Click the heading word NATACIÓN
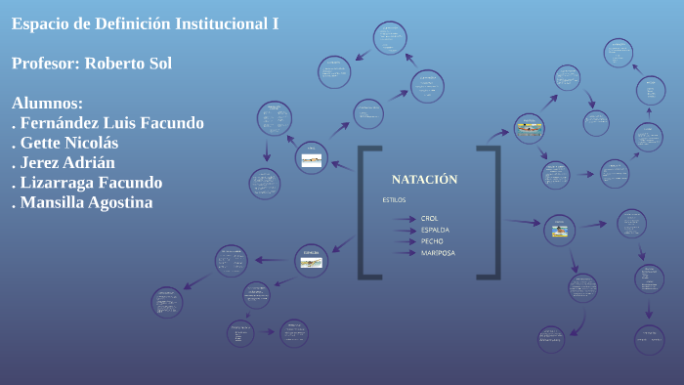pyautogui.click(x=424, y=180)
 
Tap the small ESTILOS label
pyautogui.click(x=394, y=199)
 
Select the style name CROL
pyautogui.click(x=430, y=218)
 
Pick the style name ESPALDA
pyautogui.click(x=435, y=230)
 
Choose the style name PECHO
pyautogui.click(x=432, y=241)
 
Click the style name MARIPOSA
pyautogui.click(x=437, y=253)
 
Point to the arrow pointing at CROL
pyautogui.click(x=405, y=218)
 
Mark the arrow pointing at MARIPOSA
pyautogui.click(x=405, y=253)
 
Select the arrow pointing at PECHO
pyautogui.click(x=405, y=241)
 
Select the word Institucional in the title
pyautogui.click(x=218, y=24)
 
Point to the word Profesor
pyautogui.click(x=46, y=64)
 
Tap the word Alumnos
pyautogui.click(x=47, y=104)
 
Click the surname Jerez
pyautogui.click(x=42, y=163)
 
